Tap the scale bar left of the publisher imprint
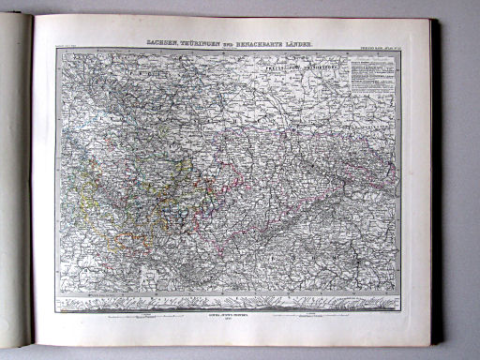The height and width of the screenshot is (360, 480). [141, 319]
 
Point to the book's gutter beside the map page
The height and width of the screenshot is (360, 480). [35, 187]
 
